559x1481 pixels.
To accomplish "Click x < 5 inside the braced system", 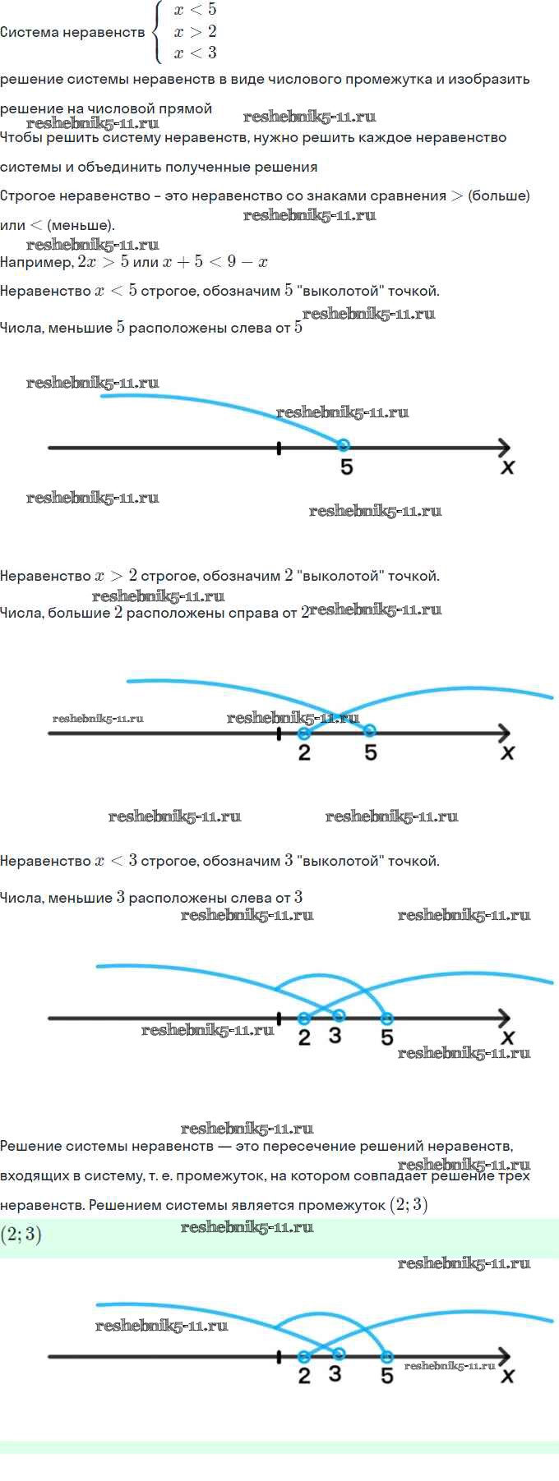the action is tap(195, 11).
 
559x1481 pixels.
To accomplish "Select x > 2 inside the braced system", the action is tap(195, 32).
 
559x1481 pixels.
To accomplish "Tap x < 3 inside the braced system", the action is tap(195, 53).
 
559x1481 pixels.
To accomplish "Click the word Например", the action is tap(36, 263).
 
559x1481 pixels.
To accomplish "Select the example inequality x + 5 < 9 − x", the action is tap(215, 262).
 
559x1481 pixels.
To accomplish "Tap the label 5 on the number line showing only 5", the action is tap(347, 467).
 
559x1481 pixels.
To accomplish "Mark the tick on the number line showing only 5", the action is tap(279, 448).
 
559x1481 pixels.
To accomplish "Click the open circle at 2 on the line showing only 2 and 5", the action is tap(304, 733).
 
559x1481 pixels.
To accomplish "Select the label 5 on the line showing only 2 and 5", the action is tap(371, 752).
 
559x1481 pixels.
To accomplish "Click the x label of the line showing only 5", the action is tap(508, 467).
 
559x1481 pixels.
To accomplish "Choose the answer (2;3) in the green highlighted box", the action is tap(21, 1235).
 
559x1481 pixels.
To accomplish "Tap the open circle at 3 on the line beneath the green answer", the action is tap(339, 1354).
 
